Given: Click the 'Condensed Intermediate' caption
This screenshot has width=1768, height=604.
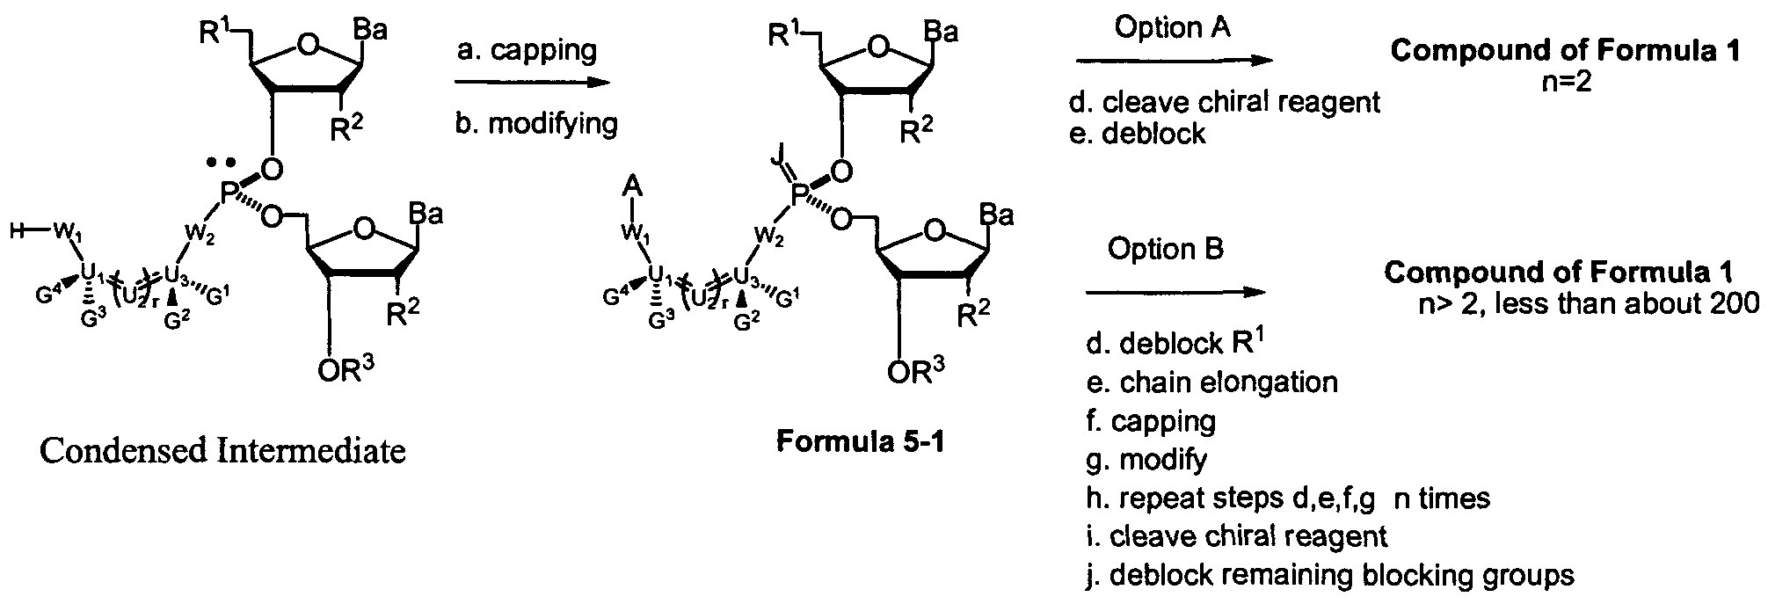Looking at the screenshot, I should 222,451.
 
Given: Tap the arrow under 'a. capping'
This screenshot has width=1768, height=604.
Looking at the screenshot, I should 532,84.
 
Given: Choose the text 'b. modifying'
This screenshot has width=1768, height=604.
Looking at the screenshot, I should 536,122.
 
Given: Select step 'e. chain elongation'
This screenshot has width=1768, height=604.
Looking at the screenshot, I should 1211,382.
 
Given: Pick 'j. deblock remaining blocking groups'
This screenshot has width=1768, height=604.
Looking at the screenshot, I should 1329,575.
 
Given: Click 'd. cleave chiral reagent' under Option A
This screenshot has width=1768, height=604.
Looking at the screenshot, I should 1224,102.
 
